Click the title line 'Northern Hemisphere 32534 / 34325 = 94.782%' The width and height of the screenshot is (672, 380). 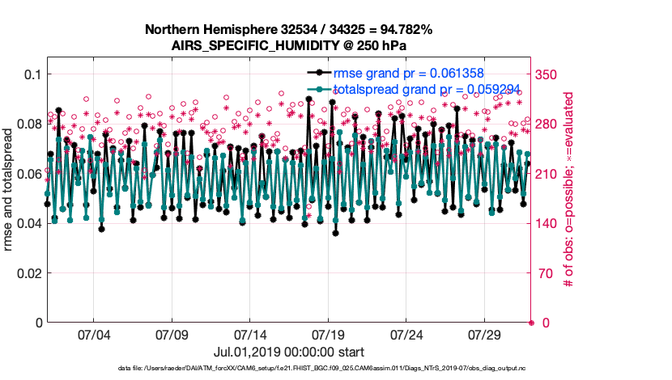[x=289, y=30]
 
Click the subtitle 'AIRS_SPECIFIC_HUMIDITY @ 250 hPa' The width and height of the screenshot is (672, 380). [x=289, y=45]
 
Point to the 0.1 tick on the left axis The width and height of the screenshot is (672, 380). [x=31, y=74]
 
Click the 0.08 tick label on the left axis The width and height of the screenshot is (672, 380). [x=28, y=124]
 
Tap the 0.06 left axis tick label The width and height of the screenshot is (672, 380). [x=28, y=174]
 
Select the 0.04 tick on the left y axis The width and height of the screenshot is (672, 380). [x=28, y=223]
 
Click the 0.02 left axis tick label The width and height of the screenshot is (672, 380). [x=28, y=273]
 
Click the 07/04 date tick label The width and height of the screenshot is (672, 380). [x=93, y=335]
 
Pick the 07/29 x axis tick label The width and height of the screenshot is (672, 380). [x=486, y=335]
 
